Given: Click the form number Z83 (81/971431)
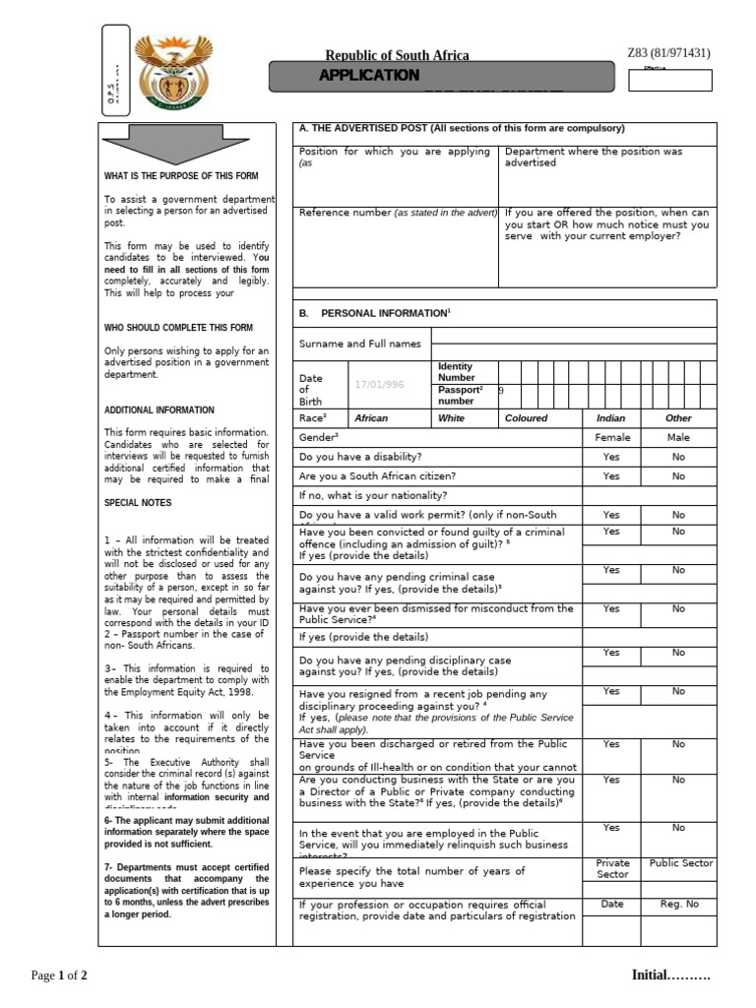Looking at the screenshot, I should click(668, 53).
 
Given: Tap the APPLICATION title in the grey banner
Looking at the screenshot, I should click(369, 76).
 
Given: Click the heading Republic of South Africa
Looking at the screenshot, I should click(398, 55).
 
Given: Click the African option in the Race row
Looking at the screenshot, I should click(371, 418).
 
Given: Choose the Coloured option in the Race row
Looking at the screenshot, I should click(527, 418).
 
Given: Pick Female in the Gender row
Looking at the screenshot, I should click(611, 437).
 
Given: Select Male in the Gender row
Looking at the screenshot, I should click(678, 437).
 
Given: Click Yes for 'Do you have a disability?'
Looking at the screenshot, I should click(611, 457).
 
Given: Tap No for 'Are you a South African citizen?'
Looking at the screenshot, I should click(678, 476).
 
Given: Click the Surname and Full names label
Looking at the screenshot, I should click(360, 344).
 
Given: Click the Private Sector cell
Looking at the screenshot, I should click(611, 868).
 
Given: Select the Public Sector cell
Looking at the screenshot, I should click(681, 863).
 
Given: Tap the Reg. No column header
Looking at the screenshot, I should click(678, 903).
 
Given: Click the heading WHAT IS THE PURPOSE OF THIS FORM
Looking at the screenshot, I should click(181, 176).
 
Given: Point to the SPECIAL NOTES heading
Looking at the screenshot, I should click(138, 503).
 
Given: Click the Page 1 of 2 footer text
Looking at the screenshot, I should click(59, 976).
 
